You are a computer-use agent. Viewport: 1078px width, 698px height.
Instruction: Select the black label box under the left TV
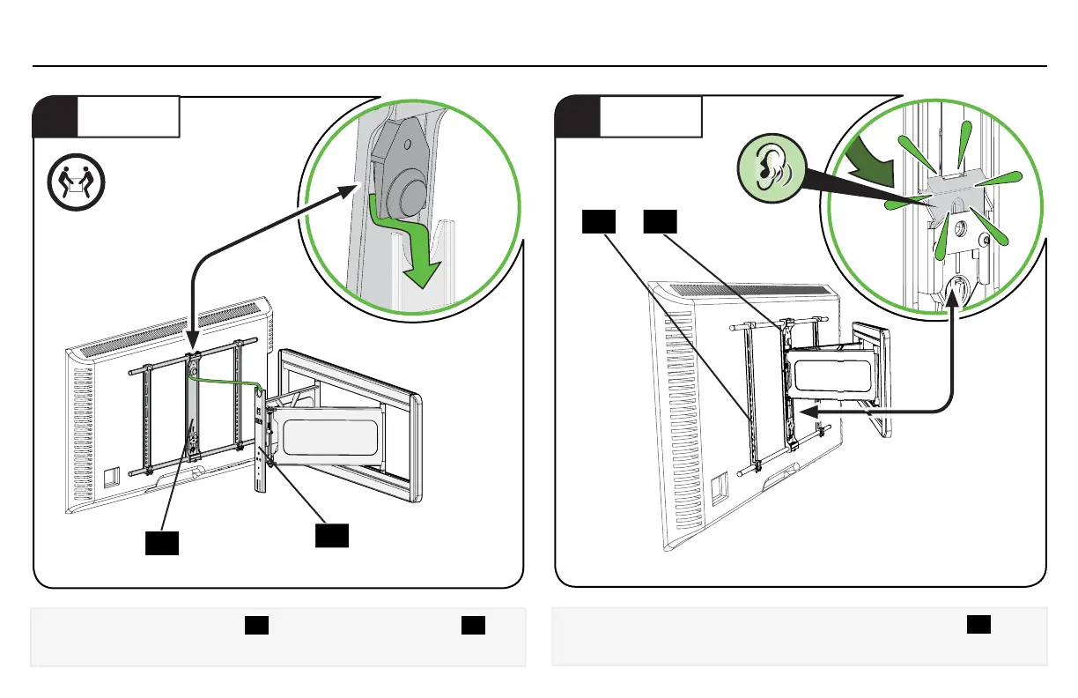163,542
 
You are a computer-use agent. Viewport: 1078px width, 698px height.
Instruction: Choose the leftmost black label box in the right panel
598,223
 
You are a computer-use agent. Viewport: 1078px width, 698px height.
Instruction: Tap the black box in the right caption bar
978,623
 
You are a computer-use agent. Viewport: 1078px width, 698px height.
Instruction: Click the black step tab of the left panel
55,117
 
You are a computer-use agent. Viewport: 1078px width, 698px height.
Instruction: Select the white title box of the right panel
651,117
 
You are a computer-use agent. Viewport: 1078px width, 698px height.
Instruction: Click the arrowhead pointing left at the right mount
811,410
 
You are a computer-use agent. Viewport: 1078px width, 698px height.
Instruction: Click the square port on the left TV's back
112,477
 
